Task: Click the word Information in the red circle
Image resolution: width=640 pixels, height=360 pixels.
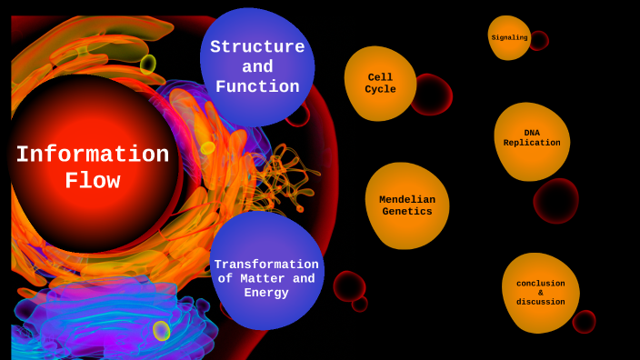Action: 92,155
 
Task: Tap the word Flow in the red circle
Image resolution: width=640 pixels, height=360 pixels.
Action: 92,181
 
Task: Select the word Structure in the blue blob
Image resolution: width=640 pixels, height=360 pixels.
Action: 257,47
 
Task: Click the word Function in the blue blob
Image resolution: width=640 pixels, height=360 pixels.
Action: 257,87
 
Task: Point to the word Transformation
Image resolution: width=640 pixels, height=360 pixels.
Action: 266,265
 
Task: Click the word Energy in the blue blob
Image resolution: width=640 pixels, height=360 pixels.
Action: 265,293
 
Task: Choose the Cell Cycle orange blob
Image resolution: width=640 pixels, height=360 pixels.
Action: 380,84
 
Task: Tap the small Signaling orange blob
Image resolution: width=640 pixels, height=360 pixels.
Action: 509,37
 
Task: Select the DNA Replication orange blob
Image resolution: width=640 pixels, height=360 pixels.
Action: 532,139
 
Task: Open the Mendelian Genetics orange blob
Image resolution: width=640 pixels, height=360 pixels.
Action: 407,205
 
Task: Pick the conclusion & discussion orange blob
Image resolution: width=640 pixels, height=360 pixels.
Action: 540,293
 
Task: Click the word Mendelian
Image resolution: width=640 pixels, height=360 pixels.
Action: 407,200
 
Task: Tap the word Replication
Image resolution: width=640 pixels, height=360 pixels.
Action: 532,143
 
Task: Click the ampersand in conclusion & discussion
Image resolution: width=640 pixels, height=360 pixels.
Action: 540,293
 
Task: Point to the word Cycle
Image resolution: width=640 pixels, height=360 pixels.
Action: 380,89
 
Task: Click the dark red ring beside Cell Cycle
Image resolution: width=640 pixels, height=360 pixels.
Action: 431,95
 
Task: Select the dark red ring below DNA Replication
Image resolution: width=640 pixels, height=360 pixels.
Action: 556,201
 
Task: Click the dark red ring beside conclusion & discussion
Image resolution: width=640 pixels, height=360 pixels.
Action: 585,322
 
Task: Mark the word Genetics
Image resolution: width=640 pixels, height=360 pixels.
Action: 407,212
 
